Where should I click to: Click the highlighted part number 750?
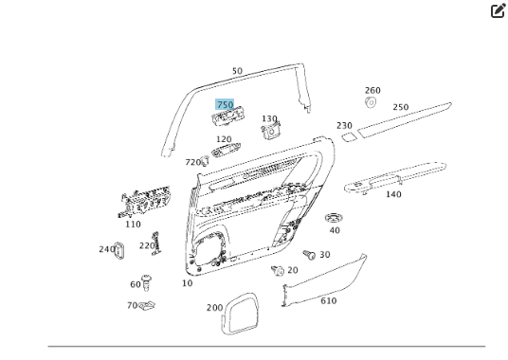(225, 104)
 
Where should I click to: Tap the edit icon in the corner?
(498, 10)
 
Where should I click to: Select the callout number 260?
(372, 90)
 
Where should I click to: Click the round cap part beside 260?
(371, 102)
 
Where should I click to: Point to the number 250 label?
(401, 107)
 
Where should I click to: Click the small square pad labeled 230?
(350, 137)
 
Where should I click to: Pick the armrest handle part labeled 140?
(395, 178)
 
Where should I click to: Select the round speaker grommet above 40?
(334, 218)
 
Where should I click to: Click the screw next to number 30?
(309, 255)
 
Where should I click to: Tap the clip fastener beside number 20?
(278, 270)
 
